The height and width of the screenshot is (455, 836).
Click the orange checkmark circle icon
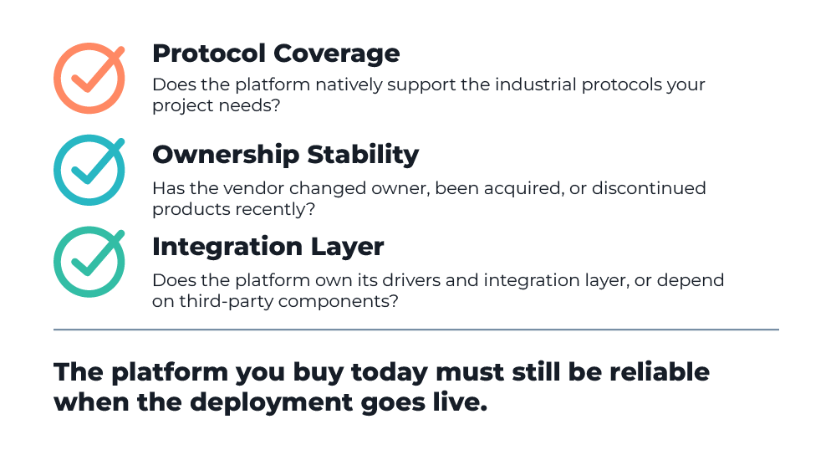coord(59,79)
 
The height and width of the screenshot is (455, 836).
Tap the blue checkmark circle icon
coord(59,171)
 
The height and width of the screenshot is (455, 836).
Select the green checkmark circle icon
coord(59,263)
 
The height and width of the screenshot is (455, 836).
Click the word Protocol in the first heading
coord(209,54)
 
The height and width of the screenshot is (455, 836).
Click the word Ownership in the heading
coord(226,156)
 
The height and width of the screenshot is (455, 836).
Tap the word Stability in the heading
coord(363,156)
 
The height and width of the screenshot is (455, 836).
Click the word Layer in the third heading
coord(347,248)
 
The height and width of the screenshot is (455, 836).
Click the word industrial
coord(535,84)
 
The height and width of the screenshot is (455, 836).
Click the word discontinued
coord(649,188)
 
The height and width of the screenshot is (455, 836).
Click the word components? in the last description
coord(339,302)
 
